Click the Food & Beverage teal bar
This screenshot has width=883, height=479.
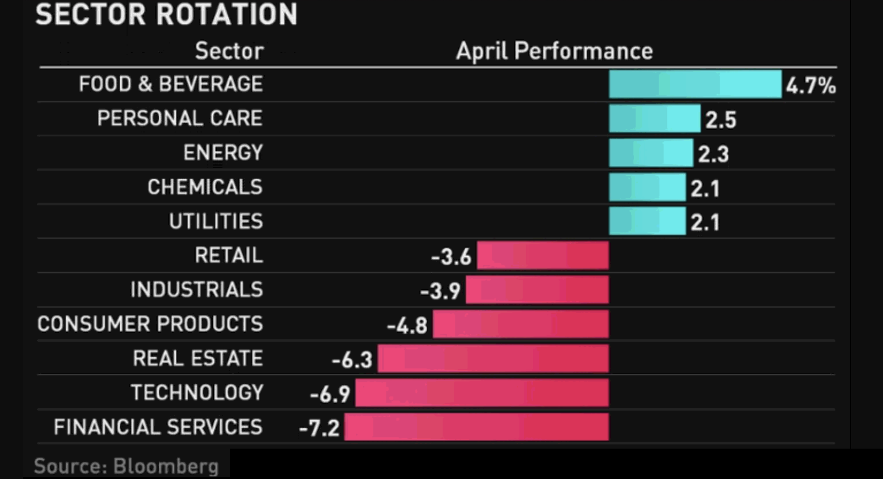[x=695, y=84]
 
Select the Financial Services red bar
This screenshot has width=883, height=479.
[x=476, y=427]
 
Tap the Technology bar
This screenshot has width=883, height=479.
[x=482, y=393]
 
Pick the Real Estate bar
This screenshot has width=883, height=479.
[x=493, y=358]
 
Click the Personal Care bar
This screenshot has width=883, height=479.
[x=654, y=118]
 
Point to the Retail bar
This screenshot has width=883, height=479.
[x=542, y=255]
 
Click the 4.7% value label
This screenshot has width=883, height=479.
[x=811, y=86]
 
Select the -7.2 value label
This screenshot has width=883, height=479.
[x=319, y=428]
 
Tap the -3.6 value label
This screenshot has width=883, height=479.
[x=451, y=257]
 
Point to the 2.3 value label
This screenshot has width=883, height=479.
[x=713, y=154]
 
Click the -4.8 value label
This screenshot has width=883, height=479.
[x=408, y=326]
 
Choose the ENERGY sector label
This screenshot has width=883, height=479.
[x=223, y=152]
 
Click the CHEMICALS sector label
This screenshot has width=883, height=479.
[x=205, y=187]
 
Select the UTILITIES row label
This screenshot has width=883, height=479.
[x=216, y=221]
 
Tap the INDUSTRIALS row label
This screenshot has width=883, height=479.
[x=197, y=290]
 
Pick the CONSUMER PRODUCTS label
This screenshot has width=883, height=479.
[x=150, y=324]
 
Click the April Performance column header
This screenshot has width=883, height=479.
[x=554, y=51]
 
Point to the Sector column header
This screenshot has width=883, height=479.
[x=229, y=51]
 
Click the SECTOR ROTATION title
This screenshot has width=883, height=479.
[x=166, y=14]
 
